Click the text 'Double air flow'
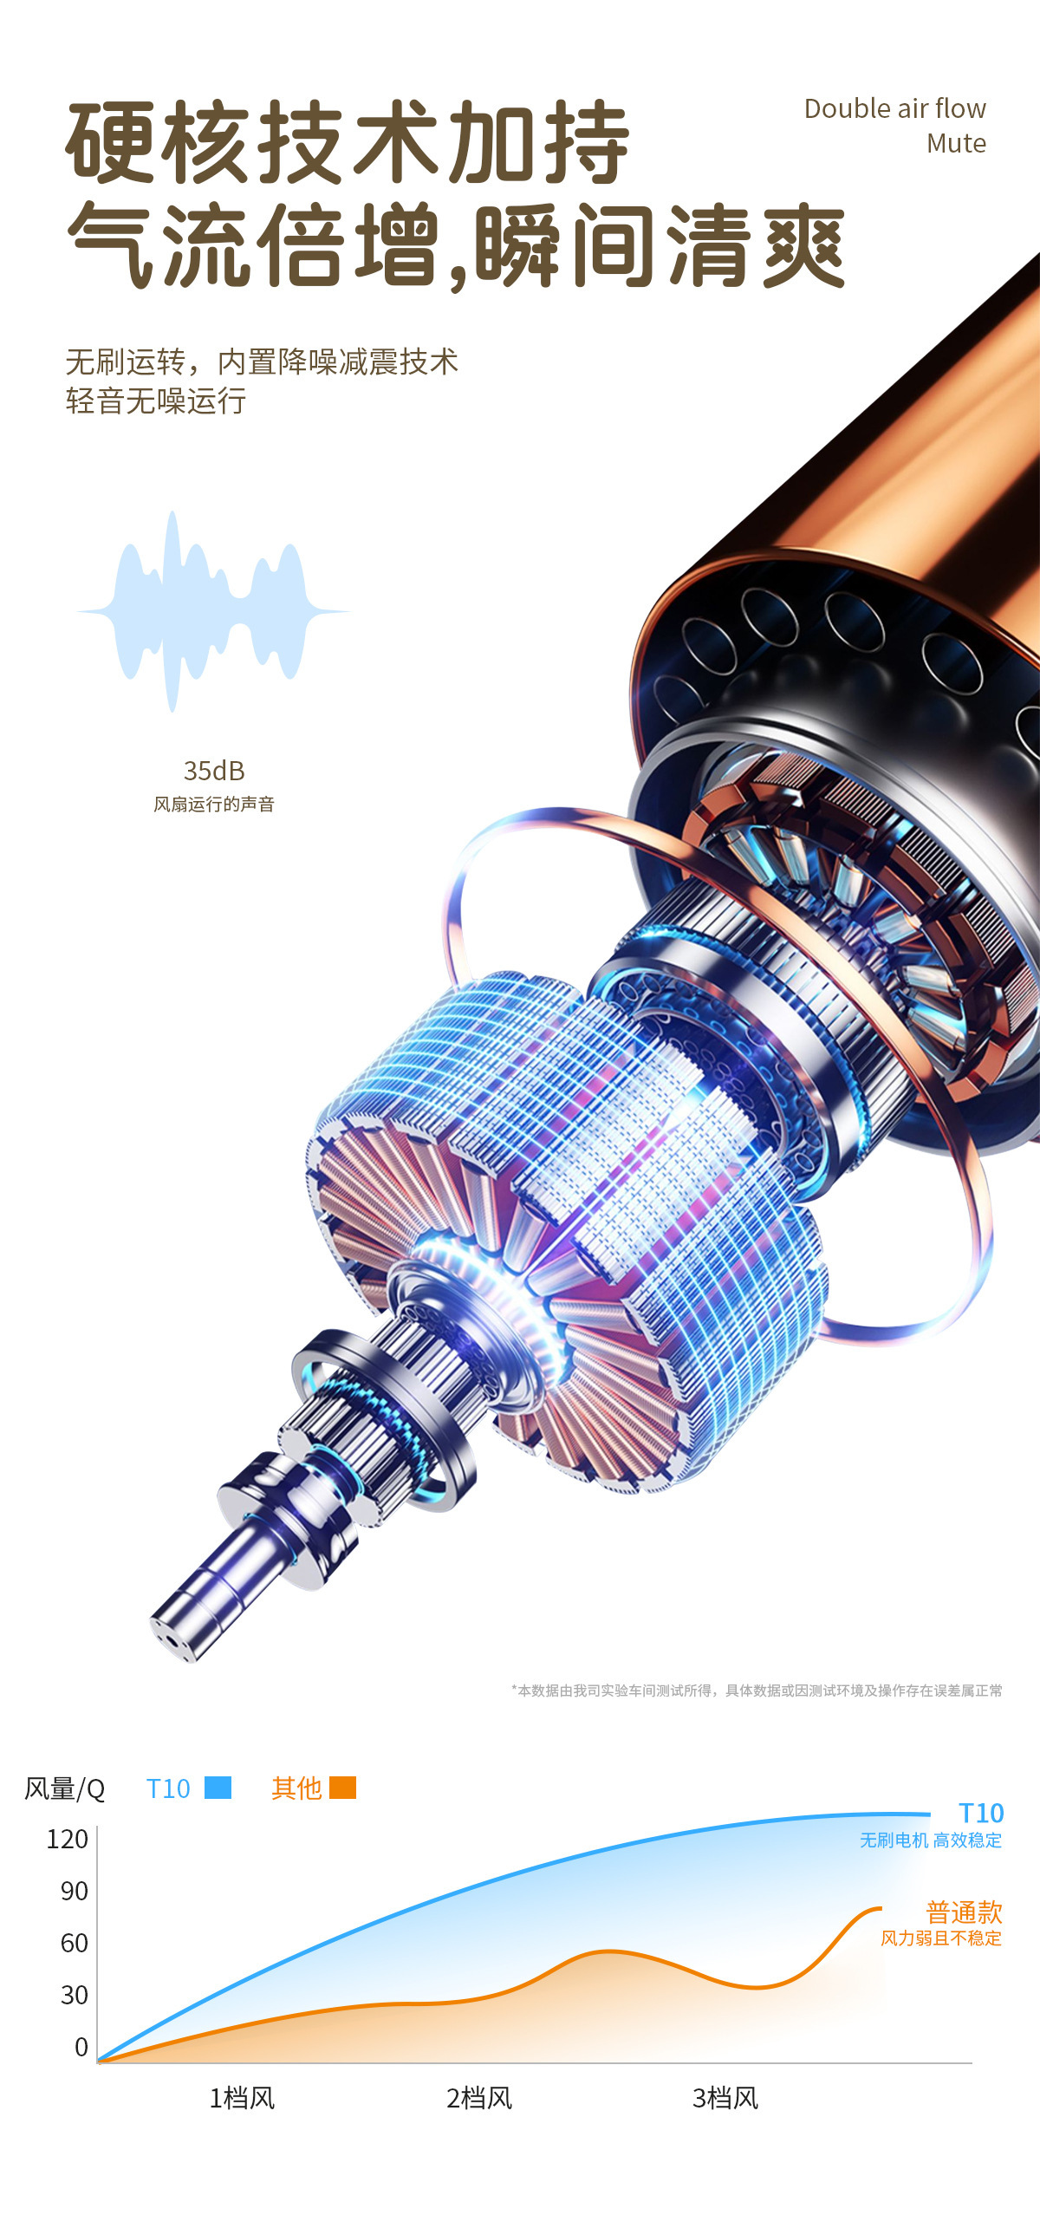[x=894, y=108]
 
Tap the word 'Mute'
[x=956, y=143]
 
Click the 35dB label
[x=214, y=770]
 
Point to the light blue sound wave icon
[x=213, y=611]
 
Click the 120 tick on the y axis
[x=68, y=1839]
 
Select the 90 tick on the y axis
[x=75, y=1891]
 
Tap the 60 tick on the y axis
[x=75, y=1943]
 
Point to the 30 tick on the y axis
[x=75, y=1995]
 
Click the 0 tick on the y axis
[x=81, y=2047]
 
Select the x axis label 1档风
[x=242, y=2098]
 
